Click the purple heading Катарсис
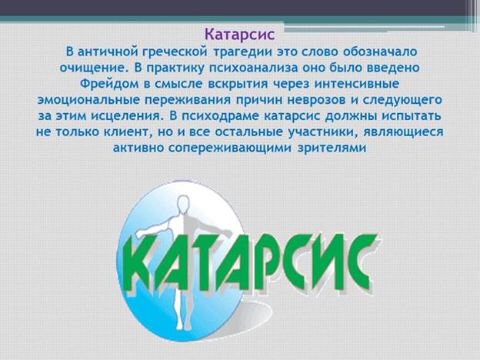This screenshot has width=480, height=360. pyautogui.click(x=240, y=35)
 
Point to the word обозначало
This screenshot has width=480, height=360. pyautogui.click(x=380, y=52)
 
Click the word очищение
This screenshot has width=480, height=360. pyautogui.click(x=93, y=68)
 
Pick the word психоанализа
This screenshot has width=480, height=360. pyautogui.click(x=254, y=68)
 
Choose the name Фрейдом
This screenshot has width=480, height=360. pyautogui.click(x=109, y=84)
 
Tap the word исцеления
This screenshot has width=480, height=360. pyautogui.click(x=125, y=116)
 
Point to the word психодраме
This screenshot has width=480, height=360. pyautogui.click(x=221, y=116)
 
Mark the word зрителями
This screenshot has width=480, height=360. pyautogui.click(x=332, y=148)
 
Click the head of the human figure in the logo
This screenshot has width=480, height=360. pyautogui.click(x=183, y=204)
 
